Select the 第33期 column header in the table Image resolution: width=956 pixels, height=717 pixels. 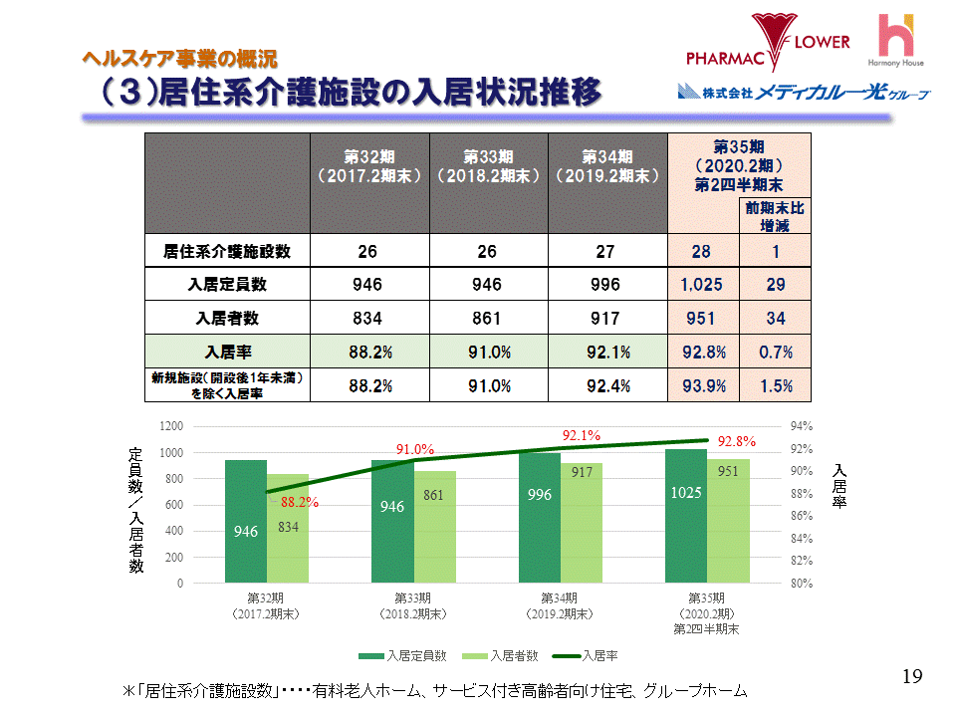(x=488, y=166)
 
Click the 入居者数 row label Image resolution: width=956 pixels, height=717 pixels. (x=227, y=319)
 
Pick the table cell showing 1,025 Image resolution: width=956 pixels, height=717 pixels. (x=702, y=285)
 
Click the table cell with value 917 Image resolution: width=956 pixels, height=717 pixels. (x=606, y=319)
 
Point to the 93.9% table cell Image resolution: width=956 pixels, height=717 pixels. (x=702, y=386)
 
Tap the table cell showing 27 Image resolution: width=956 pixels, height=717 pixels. (x=606, y=252)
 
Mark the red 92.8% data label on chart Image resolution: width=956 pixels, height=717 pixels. (x=737, y=441)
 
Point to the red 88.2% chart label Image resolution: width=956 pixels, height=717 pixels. (x=300, y=503)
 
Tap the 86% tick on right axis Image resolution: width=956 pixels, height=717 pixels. (x=803, y=516)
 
